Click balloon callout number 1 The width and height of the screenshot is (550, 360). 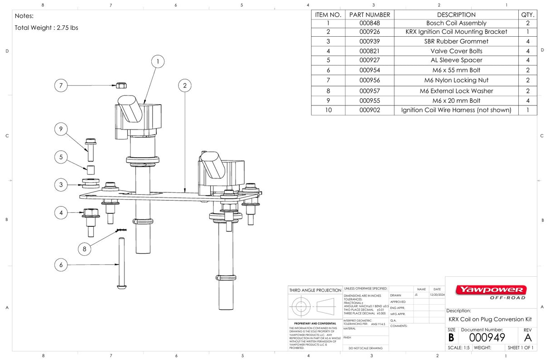(158, 62)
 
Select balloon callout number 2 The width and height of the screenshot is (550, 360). (185, 86)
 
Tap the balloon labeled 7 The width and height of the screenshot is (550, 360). (61, 85)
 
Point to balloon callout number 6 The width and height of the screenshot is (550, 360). (61, 264)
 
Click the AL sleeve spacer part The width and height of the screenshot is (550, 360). (90, 170)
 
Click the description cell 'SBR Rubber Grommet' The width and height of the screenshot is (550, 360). (456, 41)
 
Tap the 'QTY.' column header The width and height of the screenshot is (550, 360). (528, 14)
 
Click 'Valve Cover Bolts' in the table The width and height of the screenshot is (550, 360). (456, 51)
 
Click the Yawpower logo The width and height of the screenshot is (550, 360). (491, 290)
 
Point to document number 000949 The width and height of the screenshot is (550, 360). (487, 337)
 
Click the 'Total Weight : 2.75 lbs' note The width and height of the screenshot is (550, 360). (46, 28)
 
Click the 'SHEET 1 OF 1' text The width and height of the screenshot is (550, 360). (521, 348)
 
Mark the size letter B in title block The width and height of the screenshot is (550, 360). (451, 337)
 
